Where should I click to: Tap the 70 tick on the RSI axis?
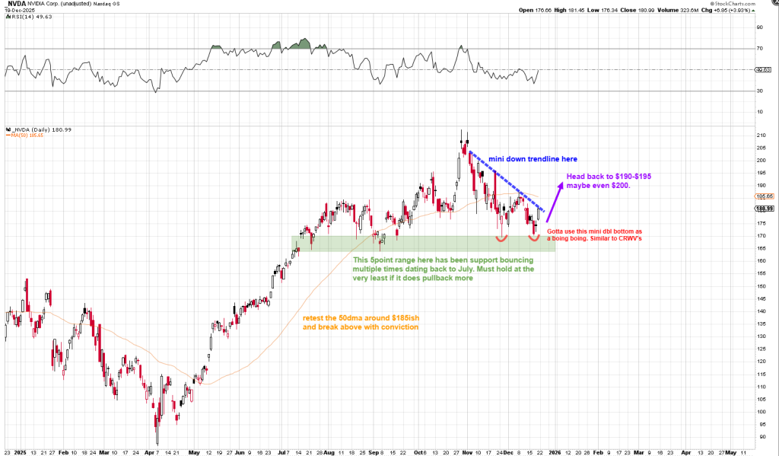(759, 49)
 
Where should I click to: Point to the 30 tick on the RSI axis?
(759, 91)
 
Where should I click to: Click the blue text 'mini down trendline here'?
(533, 159)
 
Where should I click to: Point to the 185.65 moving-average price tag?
(765, 196)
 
